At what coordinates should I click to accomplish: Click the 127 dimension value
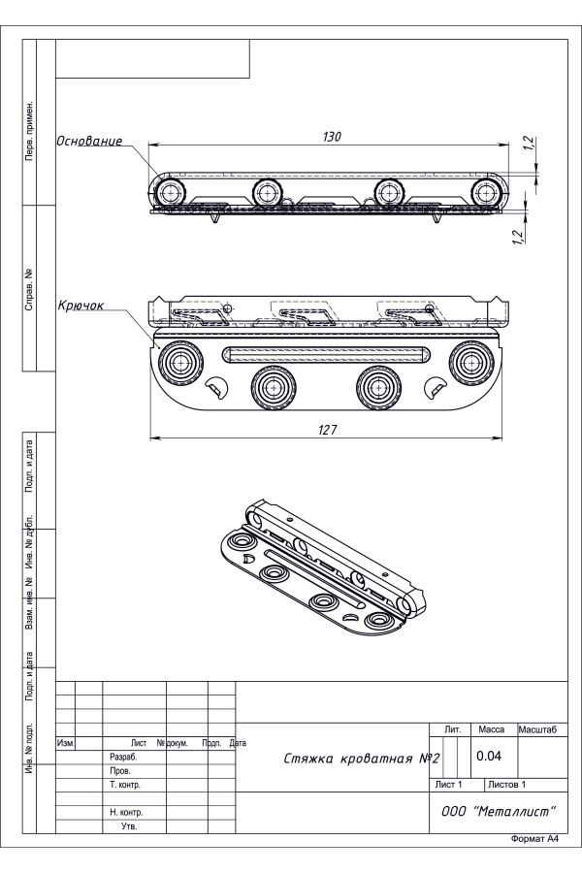[328, 431]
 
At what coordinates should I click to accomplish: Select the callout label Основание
[89, 141]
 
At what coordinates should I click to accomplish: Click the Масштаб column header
[543, 727]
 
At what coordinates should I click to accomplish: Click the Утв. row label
[128, 826]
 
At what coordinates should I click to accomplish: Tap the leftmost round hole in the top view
[171, 192]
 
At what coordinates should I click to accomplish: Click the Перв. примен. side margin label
[30, 129]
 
